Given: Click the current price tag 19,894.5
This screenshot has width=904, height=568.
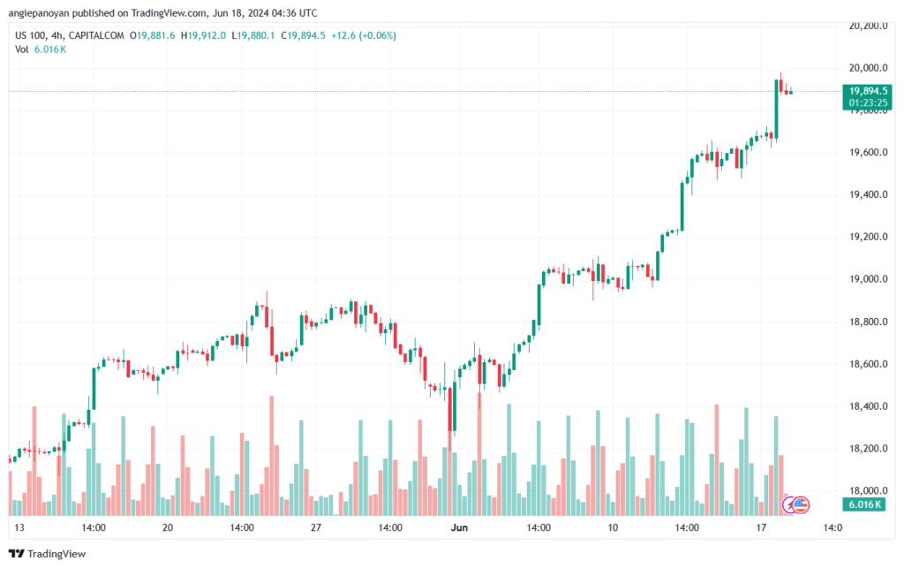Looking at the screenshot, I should [869, 91].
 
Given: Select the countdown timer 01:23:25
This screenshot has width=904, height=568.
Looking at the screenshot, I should [869, 103].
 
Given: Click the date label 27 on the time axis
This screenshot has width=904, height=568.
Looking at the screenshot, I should [314, 527].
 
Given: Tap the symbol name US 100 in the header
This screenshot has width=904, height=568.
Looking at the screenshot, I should [34, 35].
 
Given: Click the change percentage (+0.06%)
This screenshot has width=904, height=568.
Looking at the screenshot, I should [373, 35].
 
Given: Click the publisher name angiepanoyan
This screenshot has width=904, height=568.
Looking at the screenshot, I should [43, 11].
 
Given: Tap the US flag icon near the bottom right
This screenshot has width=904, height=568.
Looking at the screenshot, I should [802, 504].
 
